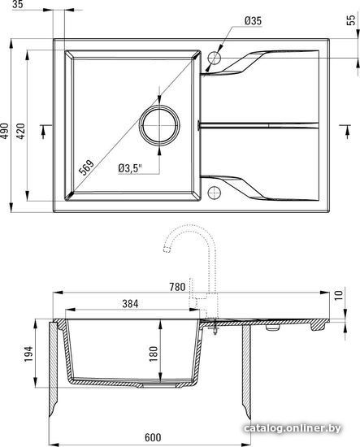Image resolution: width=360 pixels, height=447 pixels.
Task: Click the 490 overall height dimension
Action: (4, 131)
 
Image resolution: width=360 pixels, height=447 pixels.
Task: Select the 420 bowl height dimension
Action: (21, 131)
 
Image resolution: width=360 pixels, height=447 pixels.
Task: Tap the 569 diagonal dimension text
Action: (86, 167)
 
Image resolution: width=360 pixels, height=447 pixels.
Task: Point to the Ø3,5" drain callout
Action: (130, 168)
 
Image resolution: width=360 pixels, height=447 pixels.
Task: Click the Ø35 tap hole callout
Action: (253, 21)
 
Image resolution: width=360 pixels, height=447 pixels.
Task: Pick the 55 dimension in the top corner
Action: (351, 20)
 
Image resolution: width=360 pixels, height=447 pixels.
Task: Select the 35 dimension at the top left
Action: (18, 4)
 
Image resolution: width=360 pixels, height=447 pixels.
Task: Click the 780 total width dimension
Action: (177, 287)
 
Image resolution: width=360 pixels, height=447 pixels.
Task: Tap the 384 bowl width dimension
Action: (130, 304)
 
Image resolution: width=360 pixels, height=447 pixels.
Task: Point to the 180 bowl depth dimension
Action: (153, 354)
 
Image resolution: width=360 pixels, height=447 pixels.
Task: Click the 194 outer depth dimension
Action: (28, 354)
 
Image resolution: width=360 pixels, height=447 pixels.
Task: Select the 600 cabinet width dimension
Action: (153, 437)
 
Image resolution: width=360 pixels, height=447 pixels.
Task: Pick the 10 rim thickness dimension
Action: (338, 295)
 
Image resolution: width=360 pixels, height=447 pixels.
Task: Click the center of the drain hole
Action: (159, 125)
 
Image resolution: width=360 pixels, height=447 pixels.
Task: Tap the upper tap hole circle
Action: (215, 58)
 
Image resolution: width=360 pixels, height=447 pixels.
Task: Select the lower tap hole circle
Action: (215, 193)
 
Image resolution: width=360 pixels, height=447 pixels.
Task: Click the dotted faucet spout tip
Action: (167, 249)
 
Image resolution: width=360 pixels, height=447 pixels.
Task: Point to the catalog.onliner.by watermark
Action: (293, 427)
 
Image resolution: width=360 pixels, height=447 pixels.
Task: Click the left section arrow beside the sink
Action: (43, 132)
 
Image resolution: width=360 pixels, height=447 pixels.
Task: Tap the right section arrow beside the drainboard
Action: (347, 132)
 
